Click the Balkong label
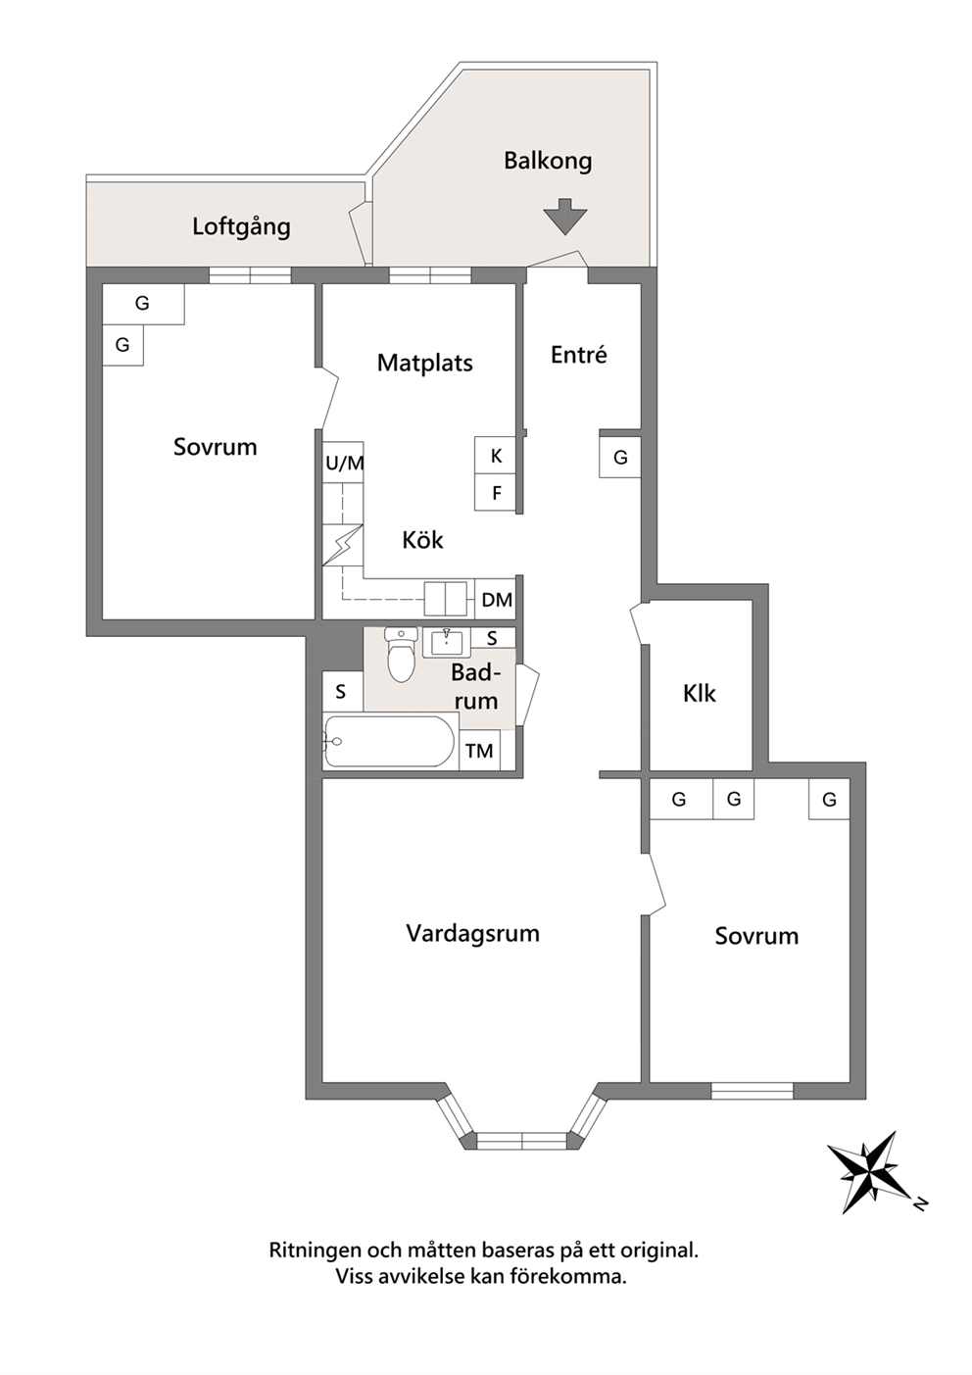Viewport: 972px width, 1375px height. tap(548, 162)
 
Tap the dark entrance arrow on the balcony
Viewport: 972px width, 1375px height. tap(565, 217)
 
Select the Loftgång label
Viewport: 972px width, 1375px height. tap(241, 227)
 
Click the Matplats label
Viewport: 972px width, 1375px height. tap(424, 364)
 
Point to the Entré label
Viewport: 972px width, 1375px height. tap(579, 355)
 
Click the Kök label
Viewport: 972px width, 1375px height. tap(422, 540)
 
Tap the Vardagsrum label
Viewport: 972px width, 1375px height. tap(472, 934)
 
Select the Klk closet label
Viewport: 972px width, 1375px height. tap(700, 694)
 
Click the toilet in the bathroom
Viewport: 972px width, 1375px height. tap(401, 655)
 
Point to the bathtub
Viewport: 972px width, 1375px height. tap(390, 741)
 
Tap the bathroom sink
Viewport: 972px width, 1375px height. tap(446, 642)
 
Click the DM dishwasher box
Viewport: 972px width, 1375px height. tap(496, 599)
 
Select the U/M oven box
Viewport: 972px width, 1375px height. tap(343, 463)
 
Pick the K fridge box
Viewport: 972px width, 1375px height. tap(496, 456)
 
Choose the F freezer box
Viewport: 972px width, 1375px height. tap(496, 492)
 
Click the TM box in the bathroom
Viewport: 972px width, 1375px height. tap(480, 750)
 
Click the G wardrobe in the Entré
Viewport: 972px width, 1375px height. tap(620, 458)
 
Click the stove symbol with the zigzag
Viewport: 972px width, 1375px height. tap(343, 545)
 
